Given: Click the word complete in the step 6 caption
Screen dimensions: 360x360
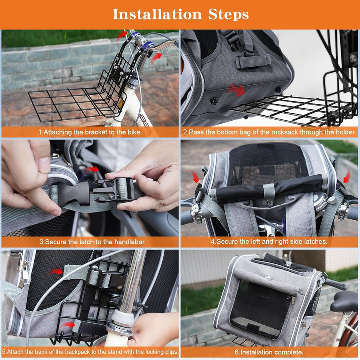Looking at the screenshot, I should [290, 352].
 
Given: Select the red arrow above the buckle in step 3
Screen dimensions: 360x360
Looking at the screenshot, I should [92, 169].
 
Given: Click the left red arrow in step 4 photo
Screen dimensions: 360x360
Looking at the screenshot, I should [195, 176].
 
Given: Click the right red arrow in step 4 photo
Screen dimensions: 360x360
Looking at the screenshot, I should [346, 175].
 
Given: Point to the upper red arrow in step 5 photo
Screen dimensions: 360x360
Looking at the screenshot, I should [56, 272].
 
